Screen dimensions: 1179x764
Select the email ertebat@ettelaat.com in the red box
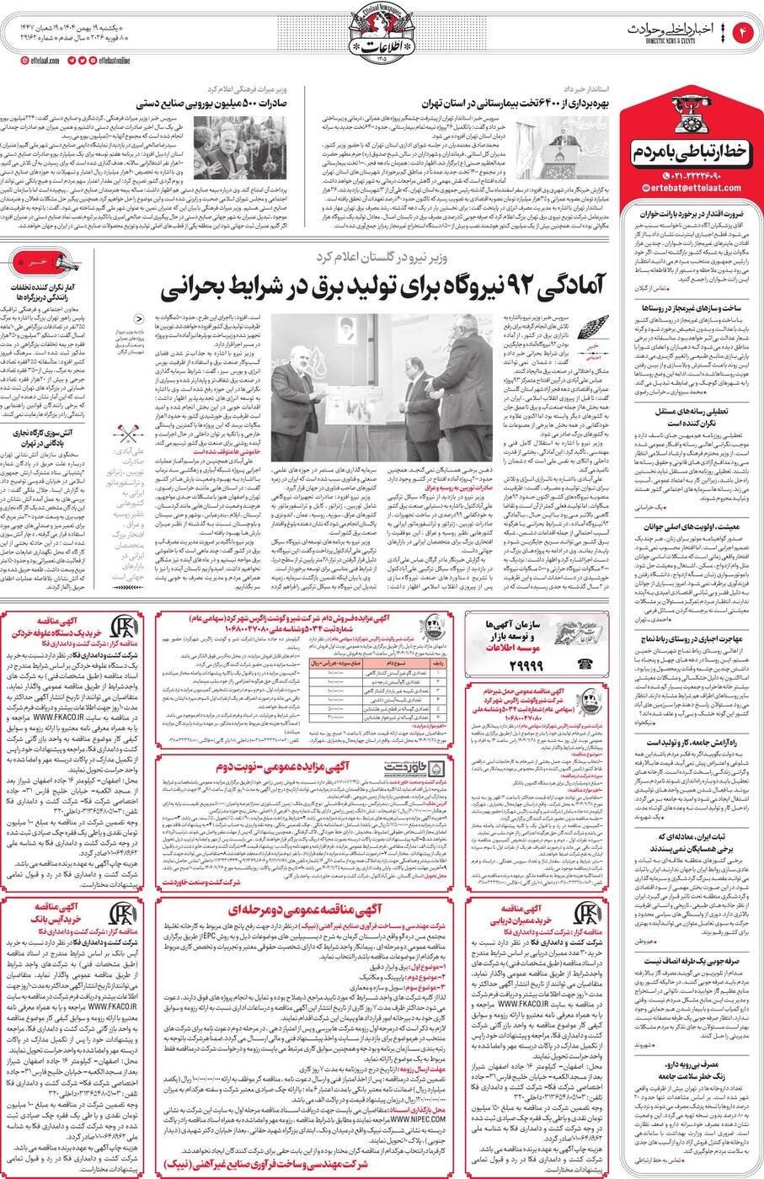(x=688, y=188)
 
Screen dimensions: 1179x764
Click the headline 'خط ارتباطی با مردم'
(x=688, y=152)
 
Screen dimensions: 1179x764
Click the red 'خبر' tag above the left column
(x=37, y=263)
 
